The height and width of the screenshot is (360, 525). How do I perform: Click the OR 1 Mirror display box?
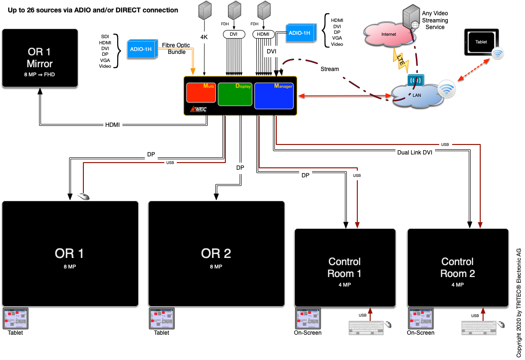(x=40, y=58)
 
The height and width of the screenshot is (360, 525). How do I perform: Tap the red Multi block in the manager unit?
(x=201, y=93)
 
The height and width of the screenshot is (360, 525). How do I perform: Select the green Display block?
(x=235, y=94)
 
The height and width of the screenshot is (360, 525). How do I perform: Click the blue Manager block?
(x=274, y=95)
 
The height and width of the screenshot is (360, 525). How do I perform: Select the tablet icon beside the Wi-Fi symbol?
(x=481, y=42)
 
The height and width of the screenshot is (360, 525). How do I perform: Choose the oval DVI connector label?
(x=234, y=34)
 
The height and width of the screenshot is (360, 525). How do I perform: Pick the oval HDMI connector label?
(x=262, y=34)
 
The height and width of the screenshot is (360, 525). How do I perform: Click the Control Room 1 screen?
(x=345, y=267)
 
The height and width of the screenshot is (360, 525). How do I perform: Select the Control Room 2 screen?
(x=457, y=267)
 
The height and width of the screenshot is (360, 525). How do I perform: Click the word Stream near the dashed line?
(x=329, y=69)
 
